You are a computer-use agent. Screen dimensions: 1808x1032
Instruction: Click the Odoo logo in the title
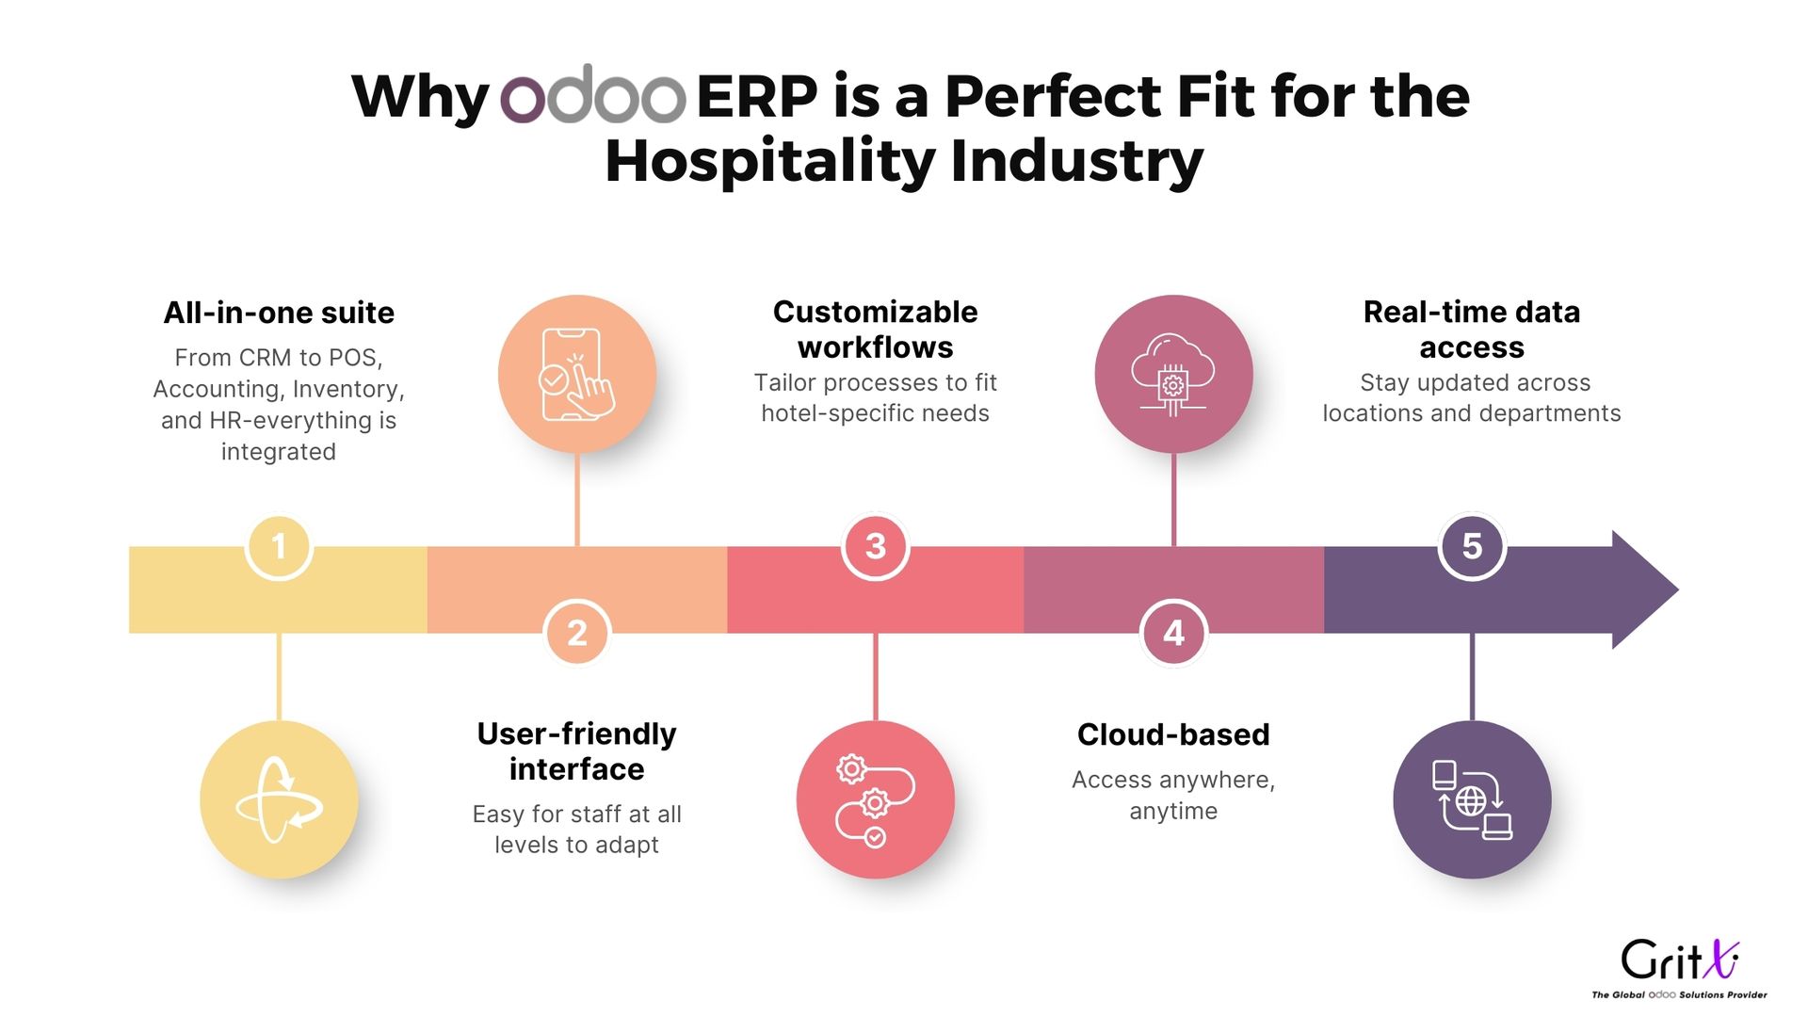pyautogui.click(x=592, y=94)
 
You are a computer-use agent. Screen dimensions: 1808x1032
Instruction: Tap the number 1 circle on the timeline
pyautogui.click(x=279, y=546)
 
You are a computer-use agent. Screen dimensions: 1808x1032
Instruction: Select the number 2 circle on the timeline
pyautogui.click(x=577, y=633)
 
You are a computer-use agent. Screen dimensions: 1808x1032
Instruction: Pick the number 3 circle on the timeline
pyautogui.click(x=876, y=546)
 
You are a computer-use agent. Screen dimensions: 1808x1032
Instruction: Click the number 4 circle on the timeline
pyautogui.click(x=1173, y=633)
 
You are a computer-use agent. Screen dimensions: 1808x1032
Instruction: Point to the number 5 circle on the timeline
pyautogui.click(x=1472, y=546)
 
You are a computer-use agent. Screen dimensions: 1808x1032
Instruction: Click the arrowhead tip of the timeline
pyautogui.click(x=1678, y=589)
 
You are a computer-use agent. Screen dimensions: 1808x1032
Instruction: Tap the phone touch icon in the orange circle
pyautogui.click(x=577, y=374)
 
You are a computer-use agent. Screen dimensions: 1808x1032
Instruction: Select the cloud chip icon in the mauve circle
pyautogui.click(x=1173, y=374)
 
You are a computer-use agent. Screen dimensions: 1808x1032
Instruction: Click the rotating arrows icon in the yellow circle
pyautogui.click(x=279, y=799)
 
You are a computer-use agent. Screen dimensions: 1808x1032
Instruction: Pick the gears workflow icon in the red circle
pyautogui.click(x=875, y=799)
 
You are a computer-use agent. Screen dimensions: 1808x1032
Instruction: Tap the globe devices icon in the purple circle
pyautogui.click(x=1472, y=799)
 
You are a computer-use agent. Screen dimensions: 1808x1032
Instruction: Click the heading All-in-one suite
pyautogui.click(x=279, y=313)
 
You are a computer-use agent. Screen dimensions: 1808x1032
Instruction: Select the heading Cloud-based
pyautogui.click(x=1173, y=734)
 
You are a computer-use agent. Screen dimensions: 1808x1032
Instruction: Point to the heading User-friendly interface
pyautogui.click(x=576, y=751)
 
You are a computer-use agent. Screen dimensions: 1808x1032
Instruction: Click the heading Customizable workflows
pyautogui.click(x=876, y=329)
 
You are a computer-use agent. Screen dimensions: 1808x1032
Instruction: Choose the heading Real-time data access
pyautogui.click(x=1472, y=329)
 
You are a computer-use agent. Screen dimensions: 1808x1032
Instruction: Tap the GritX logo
pyautogui.click(x=1680, y=968)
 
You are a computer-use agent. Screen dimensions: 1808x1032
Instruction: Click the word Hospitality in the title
pyautogui.click(x=771, y=162)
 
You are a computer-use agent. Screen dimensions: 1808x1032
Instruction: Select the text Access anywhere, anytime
pyautogui.click(x=1173, y=796)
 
